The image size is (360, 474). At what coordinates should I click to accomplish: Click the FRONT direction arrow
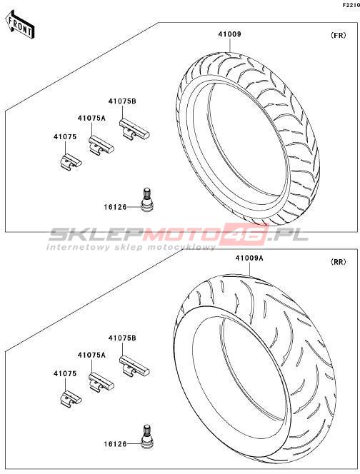pyautogui.click(x=20, y=24)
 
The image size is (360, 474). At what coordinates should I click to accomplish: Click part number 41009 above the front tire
pyautogui.click(x=230, y=34)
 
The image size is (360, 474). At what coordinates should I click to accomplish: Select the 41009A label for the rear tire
pyautogui.click(x=249, y=258)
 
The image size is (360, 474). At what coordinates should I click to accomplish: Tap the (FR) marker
pyautogui.click(x=338, y=35)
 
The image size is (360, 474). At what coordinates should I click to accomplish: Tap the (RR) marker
pyautogui.click(x=338, y=262)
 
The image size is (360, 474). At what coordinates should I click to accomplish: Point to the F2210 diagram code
pyautogui.click(x=351, y=5)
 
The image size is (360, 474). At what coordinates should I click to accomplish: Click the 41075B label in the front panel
pyautogui.click(x=122, y=101)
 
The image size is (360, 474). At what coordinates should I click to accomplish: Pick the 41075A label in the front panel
pyautogui.click(x=91, y=118)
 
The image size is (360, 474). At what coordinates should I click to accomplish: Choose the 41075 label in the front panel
pyautogui.click(x=65, y=137)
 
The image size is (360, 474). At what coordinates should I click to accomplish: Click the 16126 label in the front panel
pyautogui.click(x=115, y=207)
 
